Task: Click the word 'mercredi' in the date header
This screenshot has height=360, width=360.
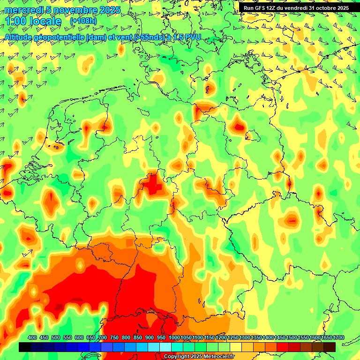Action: tap(23, 10)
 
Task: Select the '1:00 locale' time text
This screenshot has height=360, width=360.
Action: tap(33, 22)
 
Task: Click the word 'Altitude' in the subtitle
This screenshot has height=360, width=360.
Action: tap(20, 37)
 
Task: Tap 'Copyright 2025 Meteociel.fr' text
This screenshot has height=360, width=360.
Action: tap(199, 357)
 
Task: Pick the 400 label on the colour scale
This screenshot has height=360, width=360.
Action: tap(32, 337)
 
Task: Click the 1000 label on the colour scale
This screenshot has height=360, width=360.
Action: tap(174, 337)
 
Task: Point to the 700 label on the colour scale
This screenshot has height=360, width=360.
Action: tap(103, 337)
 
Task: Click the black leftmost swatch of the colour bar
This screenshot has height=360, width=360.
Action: tap(25, 347)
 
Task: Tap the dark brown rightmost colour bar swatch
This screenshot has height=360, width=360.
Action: tap(330, 347)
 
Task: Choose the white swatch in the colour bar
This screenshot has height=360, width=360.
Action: tap(165, 347)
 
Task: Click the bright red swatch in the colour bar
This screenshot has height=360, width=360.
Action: tap(283, 347)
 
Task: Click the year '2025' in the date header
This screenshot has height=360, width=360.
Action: tap(110, 10)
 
